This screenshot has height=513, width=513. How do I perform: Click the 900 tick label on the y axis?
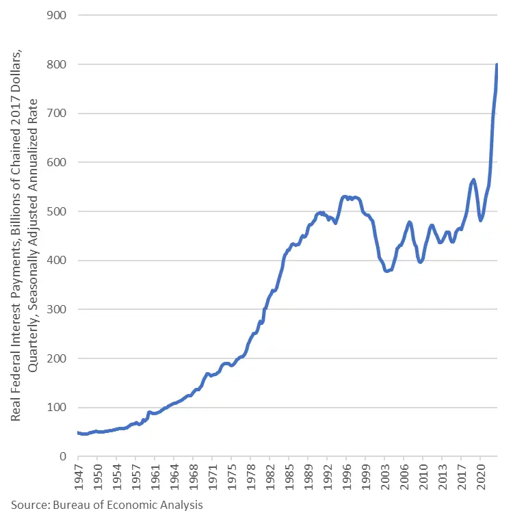[59, 15]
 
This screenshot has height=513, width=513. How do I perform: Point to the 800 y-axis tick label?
[59, 64]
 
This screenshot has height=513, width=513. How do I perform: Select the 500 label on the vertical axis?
[59, 211]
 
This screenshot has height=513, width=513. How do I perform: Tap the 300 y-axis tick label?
[59, 309]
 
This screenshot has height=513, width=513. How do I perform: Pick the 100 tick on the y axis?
[59, 408]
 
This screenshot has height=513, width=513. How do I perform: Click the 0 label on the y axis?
[64, 456]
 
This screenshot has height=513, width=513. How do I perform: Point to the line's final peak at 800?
[497, 65]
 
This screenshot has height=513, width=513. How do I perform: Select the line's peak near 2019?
[473, 179]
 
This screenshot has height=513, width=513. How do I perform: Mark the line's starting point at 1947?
[77, 433]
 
